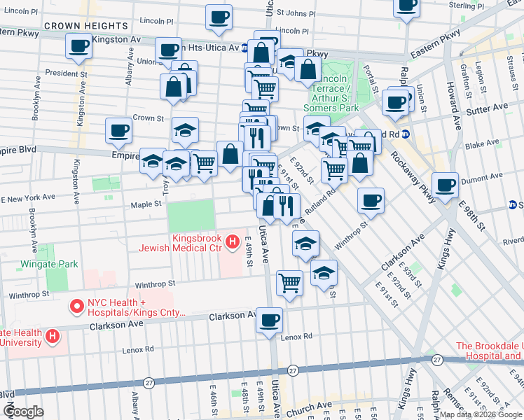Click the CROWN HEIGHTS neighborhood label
coord(76,26)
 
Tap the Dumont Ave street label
coord(499,178)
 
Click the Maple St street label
coord(146,204)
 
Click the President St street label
coord(66,72)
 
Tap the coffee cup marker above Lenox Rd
coord(269,321)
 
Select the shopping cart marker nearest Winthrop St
coord(289,283)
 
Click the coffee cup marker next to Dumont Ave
coord(445,185)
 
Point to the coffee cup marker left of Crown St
coord(118,130)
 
